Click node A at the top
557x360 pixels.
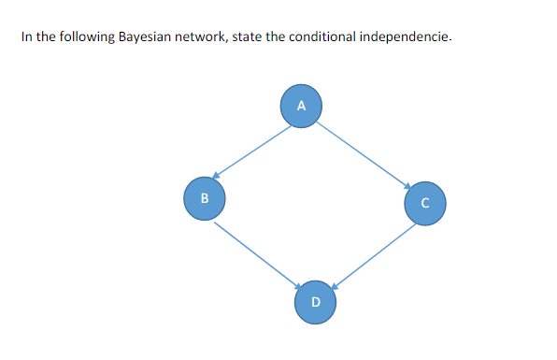(x=301, y=106)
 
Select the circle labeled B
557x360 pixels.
(x=204, y=198)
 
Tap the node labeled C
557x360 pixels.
(x=424, y=202)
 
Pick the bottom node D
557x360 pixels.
(x=315, y=301)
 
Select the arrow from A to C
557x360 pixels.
(x=364, y=153)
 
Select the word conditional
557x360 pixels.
(x=315, y=37)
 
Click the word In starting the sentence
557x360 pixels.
(x=25, y=37)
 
